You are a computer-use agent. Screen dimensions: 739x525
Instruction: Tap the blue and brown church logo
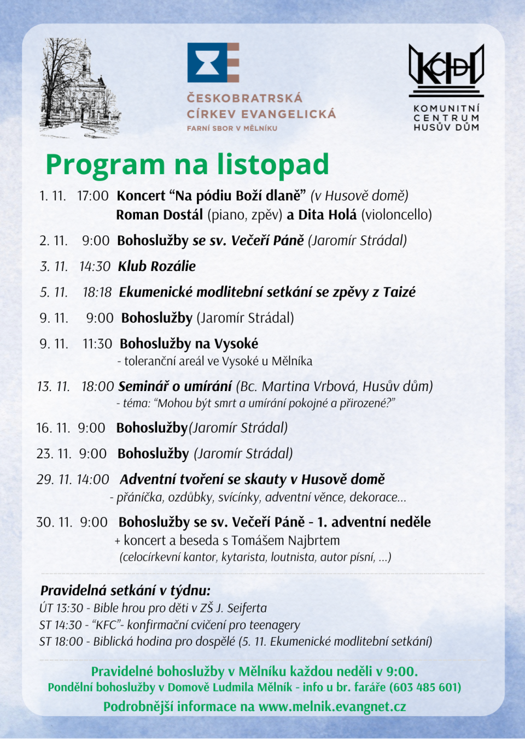[213, 62]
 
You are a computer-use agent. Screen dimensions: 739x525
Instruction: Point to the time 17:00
[92, 196]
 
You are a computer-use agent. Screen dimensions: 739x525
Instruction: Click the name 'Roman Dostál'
[159, 215]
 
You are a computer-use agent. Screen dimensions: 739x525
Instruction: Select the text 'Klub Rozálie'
[157, 266]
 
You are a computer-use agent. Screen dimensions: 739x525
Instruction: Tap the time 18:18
[97, 292]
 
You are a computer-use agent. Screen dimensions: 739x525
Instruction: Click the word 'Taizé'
[399, 292]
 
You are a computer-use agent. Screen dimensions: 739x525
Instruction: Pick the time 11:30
[97, 344]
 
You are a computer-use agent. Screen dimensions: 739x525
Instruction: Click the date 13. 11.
[53, 386]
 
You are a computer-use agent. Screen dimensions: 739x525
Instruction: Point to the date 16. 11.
[53, 428]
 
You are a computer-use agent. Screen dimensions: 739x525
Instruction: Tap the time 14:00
[93, 479]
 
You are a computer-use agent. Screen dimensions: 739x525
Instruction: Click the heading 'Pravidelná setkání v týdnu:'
[125, 590]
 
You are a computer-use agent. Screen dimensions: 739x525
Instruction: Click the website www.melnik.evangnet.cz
[332, 706]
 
